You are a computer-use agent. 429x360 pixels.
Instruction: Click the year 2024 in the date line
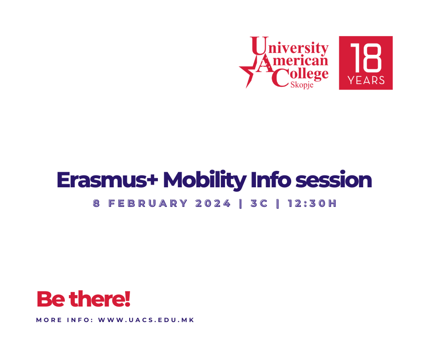[213, 204]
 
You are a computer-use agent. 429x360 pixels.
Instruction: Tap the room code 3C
[259, 204]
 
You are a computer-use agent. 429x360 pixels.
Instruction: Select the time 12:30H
[312, 204]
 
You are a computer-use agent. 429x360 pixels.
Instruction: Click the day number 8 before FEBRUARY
[96, 204]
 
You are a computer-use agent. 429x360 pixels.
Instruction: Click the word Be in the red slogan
[51, 299]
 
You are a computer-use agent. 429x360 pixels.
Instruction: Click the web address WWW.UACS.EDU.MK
[146, 320]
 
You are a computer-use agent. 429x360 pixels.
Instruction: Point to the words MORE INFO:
[64, 320]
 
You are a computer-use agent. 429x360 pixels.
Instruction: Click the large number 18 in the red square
[366, 58]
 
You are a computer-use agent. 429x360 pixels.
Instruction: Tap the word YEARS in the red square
[366, 80]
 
